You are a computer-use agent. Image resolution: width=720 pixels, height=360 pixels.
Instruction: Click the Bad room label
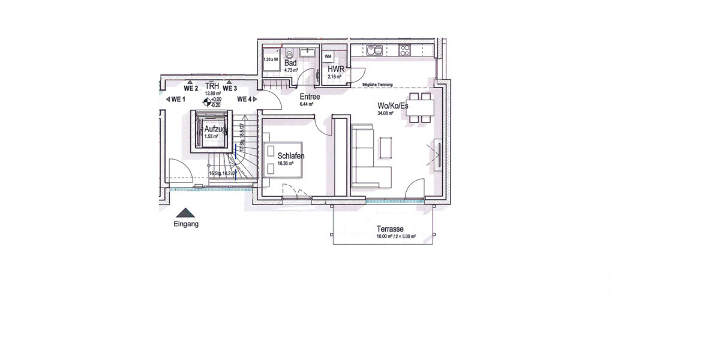pos(291,63)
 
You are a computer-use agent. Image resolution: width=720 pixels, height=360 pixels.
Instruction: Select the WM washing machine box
pos(328,56)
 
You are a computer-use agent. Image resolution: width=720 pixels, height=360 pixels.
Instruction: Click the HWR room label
pos(336,70)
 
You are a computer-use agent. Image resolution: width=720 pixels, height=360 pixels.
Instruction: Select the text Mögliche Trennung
pos(377,85)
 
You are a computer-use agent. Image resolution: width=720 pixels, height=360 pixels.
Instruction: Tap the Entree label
pos(309,97)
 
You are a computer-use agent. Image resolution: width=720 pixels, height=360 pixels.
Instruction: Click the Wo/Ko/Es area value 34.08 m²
pos(385,113)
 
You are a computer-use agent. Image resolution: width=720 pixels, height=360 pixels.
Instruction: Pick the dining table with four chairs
pos(420,107)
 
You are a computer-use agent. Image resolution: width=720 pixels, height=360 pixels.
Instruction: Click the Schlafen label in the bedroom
pos(290,156)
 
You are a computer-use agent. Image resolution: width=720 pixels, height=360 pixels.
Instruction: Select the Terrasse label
pos(389,229)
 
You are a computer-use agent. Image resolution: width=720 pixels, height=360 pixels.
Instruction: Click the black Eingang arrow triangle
pos(186,212)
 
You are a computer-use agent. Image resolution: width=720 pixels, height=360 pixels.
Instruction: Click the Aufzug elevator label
pos(215,129)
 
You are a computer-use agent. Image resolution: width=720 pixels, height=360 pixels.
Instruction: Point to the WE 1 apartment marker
pos(178,99)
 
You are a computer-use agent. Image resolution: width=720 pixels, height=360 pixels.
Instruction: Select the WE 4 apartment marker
pos(245,99)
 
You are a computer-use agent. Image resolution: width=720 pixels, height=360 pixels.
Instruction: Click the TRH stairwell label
pos(212,86)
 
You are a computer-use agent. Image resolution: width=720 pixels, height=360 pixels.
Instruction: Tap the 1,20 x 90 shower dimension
pos(271,60)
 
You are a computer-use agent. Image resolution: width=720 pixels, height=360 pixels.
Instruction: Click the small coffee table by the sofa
pos(386,145)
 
